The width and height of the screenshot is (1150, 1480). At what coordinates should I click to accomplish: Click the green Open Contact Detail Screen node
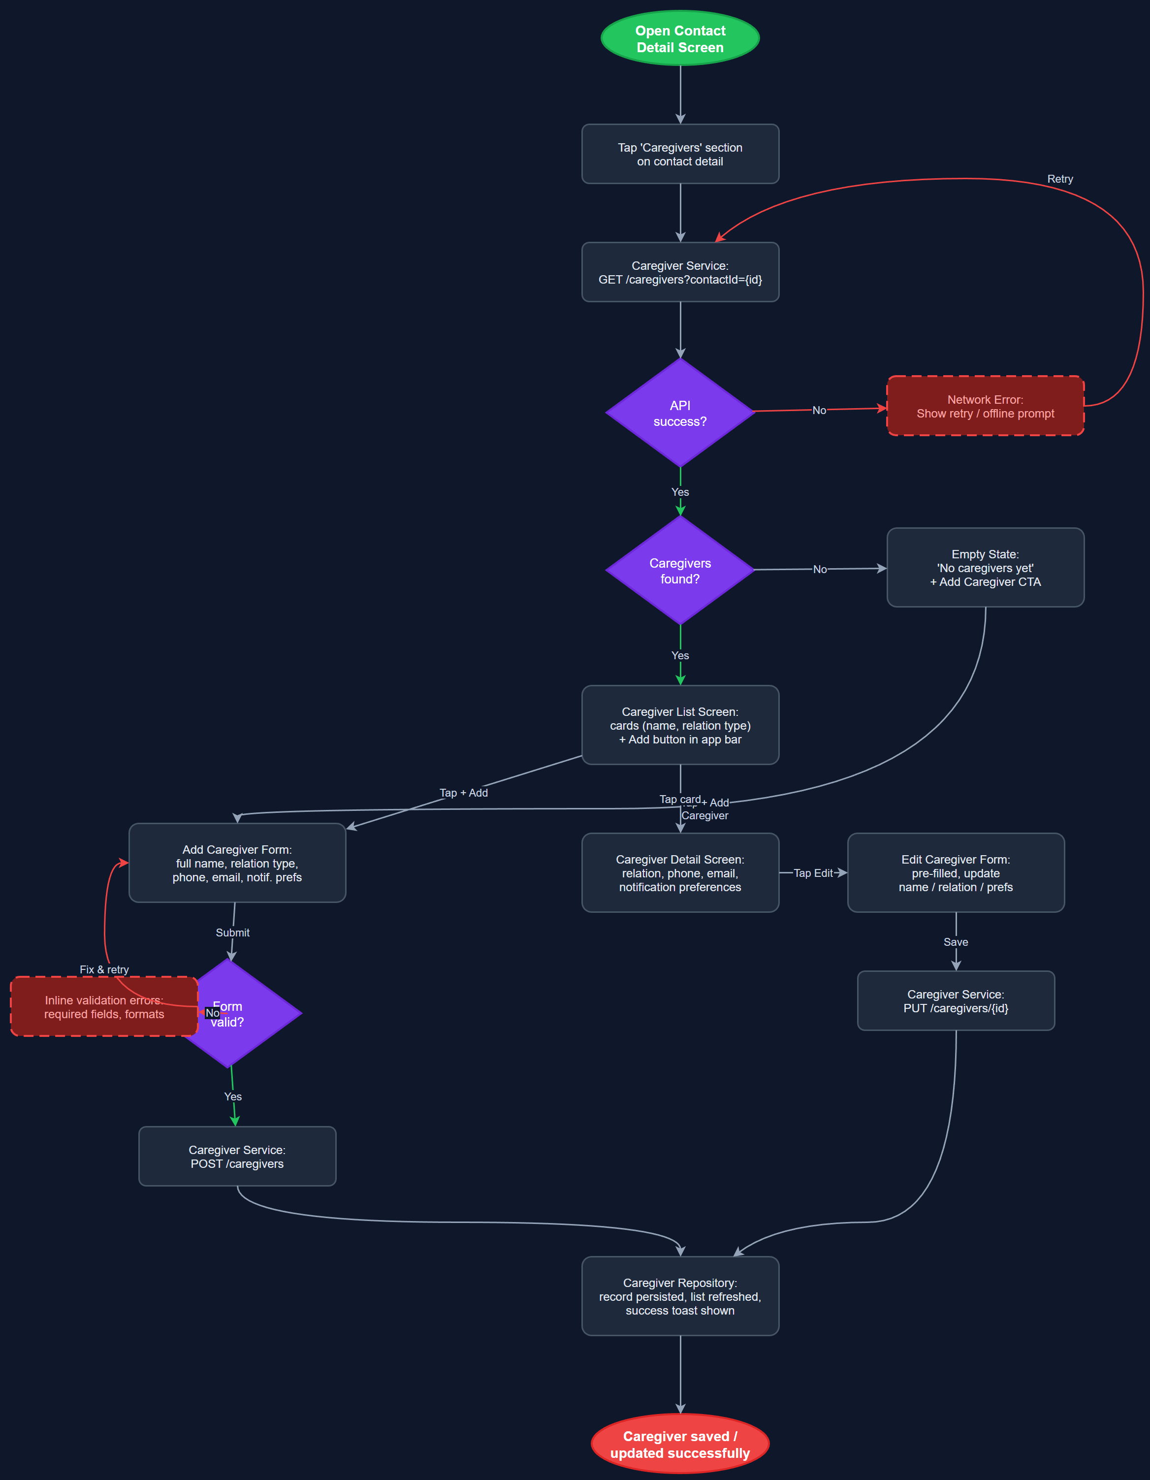point(680,38)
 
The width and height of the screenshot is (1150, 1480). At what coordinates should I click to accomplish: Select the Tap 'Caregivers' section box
point(680,154)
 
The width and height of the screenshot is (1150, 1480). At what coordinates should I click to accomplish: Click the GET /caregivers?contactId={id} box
point(680,272)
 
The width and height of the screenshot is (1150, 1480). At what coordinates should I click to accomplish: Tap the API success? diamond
point(680,413)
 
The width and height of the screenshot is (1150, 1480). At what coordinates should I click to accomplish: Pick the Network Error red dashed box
point(985,406)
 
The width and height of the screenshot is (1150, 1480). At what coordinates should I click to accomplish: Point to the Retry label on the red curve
point(1060,179)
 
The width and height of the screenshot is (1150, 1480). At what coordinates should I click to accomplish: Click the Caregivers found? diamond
point(680,571)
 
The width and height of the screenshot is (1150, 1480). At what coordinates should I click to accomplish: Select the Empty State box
point(985,568)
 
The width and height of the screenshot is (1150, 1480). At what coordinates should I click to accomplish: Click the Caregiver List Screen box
point(680,725)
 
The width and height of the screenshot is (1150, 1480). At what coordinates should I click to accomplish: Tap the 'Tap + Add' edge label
point(464,793)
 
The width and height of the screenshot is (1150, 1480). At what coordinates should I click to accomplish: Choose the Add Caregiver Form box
point(237,863)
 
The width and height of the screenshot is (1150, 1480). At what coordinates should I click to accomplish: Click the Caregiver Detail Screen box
point(680,873)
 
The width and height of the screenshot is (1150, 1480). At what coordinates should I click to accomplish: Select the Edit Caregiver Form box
point(956,873)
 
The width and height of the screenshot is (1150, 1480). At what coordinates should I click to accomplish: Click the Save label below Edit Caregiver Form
point(956,942)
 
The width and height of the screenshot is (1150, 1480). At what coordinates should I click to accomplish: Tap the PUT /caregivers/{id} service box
point(956,1001)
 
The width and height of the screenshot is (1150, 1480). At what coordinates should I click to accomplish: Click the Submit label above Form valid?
point(232,933)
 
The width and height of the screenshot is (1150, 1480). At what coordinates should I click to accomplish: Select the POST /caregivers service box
point(237,1156)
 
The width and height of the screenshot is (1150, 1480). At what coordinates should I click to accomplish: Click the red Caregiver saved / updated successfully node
point(680,1444)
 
